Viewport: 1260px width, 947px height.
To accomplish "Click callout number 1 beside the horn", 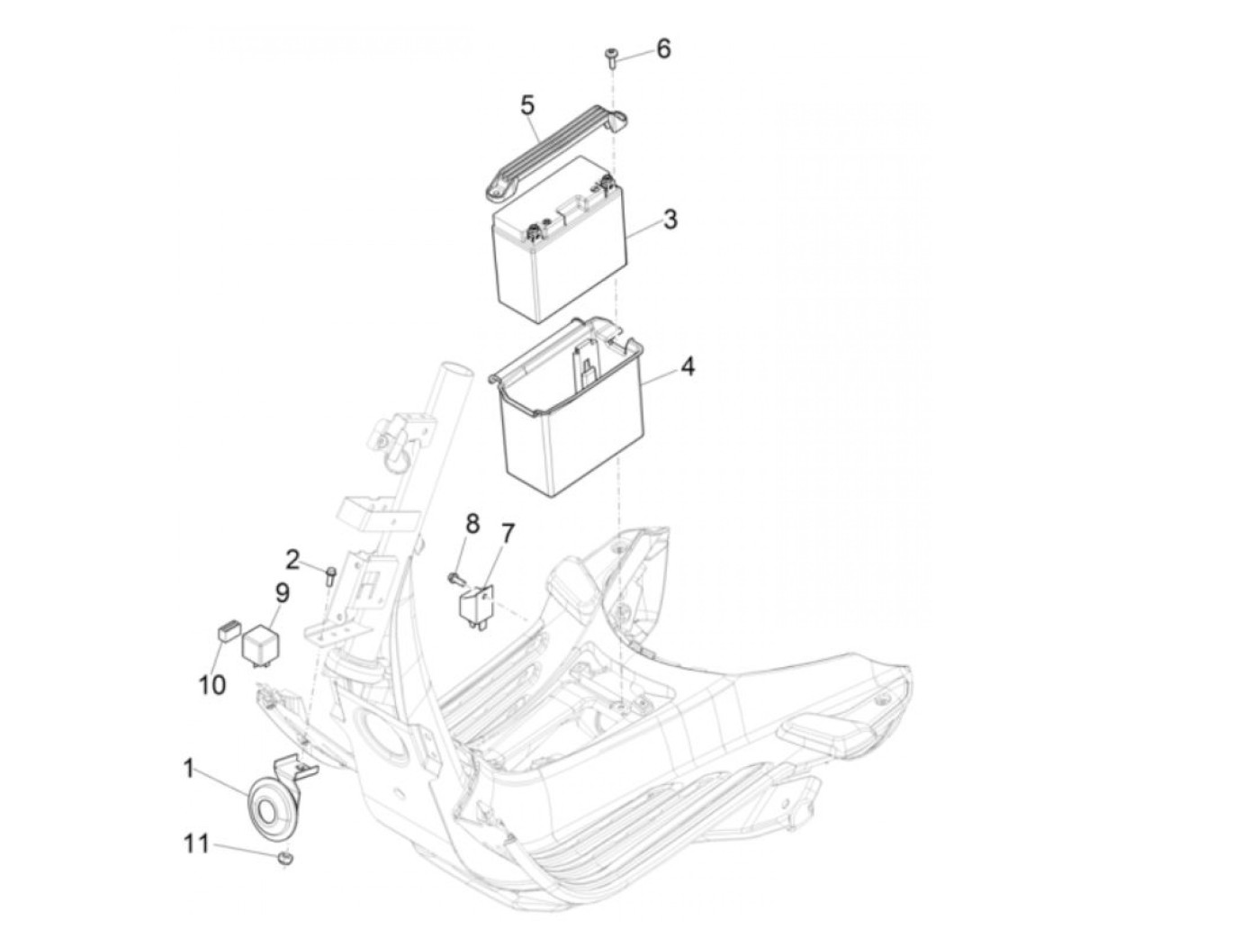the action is click(x=189, y=769).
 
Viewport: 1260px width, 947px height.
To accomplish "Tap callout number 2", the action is click(x=292, y=559).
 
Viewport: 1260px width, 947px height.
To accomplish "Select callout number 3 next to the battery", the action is click(x=670, y=219).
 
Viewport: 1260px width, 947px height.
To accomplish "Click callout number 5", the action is click(x=527, y=105).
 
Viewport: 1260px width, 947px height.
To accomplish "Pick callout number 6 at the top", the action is click(x=663, y=49).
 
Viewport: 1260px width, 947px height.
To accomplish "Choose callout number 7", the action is click(x=507, y=534).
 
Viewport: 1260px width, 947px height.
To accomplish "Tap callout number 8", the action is click(x=472, y=523).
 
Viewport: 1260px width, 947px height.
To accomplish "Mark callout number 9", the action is click(x=282, y=593).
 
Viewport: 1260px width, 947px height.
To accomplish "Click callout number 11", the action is click(x=196, y=843).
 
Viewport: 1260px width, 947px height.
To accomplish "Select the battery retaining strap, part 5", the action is click(x=551, y=149).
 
